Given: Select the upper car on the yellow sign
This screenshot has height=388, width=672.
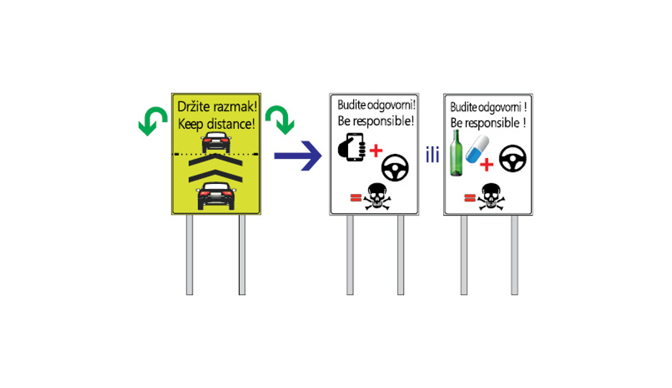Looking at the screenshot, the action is coord(217,142).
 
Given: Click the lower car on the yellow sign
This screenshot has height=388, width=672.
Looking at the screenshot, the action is coord(217,196).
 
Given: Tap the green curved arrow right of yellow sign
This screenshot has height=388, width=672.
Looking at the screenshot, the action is coord(280,120).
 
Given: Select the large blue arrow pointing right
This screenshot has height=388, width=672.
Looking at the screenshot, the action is coord(298,156).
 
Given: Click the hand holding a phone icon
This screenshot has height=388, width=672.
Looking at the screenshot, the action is coord(352,147).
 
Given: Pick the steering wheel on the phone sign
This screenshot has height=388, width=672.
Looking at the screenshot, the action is coord(395,168).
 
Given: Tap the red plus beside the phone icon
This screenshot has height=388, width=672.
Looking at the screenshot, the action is coord(376,150).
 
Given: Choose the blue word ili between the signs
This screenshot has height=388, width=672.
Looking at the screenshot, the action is coord(433,155).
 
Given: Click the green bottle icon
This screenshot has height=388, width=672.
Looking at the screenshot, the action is coord(456,153).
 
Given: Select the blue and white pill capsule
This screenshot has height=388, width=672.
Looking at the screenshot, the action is coord(477,149).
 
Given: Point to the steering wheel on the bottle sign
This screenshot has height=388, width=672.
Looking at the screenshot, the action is coord(513,158).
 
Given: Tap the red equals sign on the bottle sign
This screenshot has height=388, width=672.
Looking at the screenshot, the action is coord(470,198).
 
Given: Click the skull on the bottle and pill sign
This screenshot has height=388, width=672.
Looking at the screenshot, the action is coord(490,197).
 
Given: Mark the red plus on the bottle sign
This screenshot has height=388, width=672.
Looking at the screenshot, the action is coord(486,165).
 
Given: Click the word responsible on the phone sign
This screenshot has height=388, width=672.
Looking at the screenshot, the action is coord(383,121).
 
